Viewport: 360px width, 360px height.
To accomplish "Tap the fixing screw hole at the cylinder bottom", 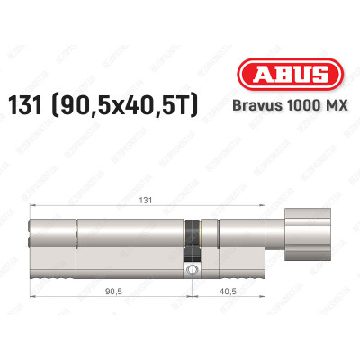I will tap(190, 269).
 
